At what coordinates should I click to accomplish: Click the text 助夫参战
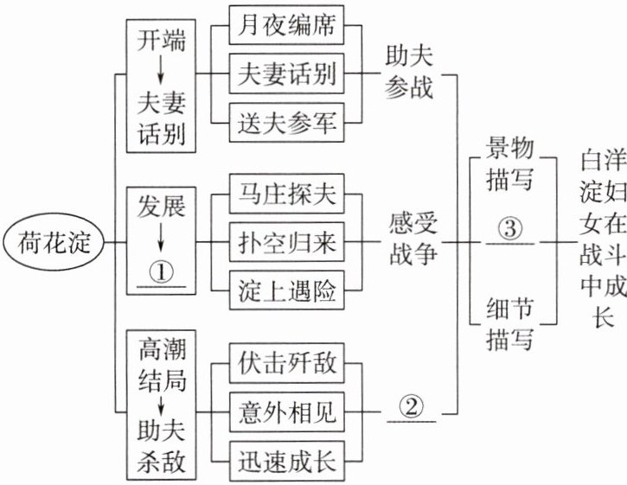[410, 73]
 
